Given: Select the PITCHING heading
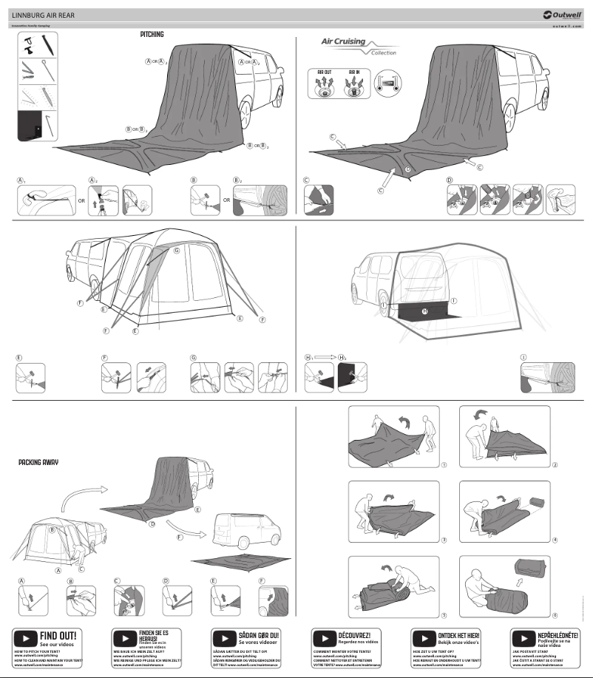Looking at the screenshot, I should tap(152, 34).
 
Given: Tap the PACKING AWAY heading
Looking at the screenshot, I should tap(38, 462).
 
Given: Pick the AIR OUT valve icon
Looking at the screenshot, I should tap(324, 82).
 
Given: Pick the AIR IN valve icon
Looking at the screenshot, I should tap(353, 82).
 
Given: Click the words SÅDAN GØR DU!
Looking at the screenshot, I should tap(258, 635).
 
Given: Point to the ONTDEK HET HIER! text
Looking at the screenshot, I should tap(458, 635).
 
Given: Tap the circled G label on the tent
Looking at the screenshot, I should tap(177, 251).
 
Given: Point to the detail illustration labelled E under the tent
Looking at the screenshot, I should tap(30, 377).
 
